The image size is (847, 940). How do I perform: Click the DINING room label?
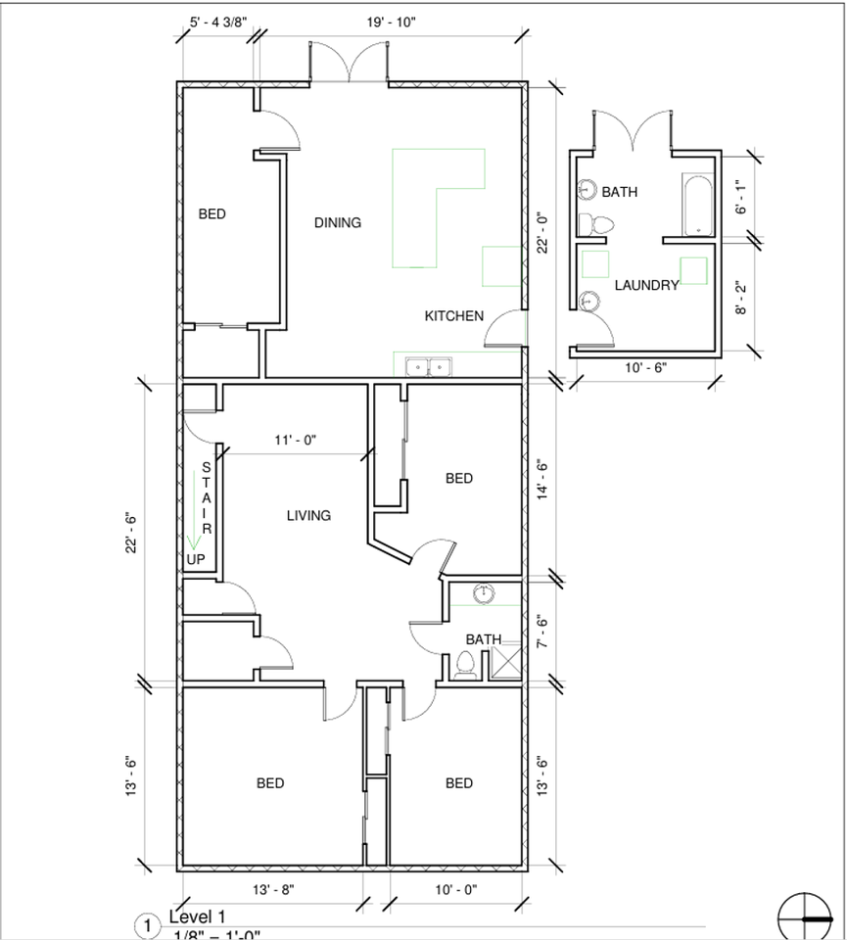click(337, 223)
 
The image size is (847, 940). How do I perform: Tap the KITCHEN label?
click(453, 316)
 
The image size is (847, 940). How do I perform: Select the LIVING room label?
click(308, 516)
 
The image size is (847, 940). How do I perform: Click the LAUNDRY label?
click(646, 286)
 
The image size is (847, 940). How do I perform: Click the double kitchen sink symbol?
click(429, 367)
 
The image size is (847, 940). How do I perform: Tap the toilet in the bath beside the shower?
click(466, 666)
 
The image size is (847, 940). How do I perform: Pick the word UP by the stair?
click(196, 559)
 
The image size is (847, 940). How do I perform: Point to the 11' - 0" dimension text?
click(296, 442)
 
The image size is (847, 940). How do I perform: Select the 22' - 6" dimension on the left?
click(131, 534)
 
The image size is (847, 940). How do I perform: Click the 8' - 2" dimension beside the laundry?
click(741, 298)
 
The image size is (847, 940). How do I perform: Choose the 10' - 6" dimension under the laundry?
click(644, 368)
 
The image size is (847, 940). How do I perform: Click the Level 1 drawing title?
click(197, 917)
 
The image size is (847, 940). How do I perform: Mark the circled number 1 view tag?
click(146, 926)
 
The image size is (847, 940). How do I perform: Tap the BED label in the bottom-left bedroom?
click(270, 783)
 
